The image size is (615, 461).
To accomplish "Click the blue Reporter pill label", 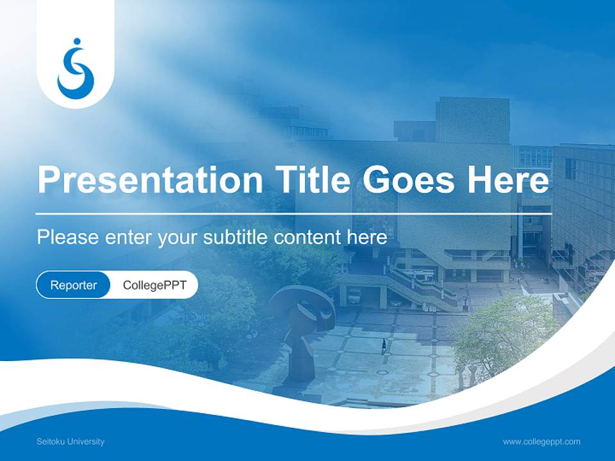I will [x=74, y=285].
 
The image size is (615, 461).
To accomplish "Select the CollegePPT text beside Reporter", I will [x=154, y=285].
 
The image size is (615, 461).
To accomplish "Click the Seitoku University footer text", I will [x=70, y=442].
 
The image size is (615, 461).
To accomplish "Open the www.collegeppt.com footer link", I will [x=541, y=442].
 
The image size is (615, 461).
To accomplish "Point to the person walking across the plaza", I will [x=384, y=346].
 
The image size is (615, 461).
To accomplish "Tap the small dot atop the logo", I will [x=78, y=42].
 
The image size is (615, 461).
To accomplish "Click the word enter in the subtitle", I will [x=129, y=238].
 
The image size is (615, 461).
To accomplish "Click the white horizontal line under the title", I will [x=293, y=213].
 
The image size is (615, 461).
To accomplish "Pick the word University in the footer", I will [x=85, y=442].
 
